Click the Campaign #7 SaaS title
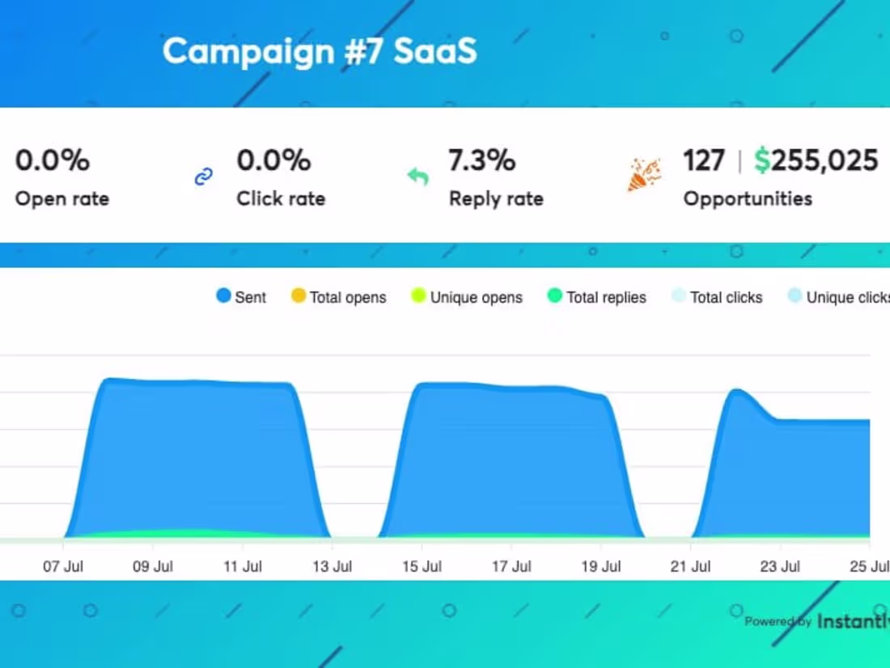coord(320,51)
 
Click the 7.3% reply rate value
coord(481,160)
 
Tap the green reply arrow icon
coord(417,176)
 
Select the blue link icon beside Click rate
coord(204,177)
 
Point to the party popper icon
coord(644,175)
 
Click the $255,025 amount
coord(816,160)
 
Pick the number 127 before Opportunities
coord(703,160)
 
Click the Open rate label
coord(61,198)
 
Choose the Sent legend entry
coord(241,297)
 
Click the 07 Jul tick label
coord(63,567)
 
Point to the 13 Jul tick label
coord(332,567)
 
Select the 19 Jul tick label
coord(601,567)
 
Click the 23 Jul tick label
coord(781,567)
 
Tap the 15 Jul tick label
coord(422,567)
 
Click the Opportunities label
coord(748,198)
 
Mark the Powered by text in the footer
coord(778,622)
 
